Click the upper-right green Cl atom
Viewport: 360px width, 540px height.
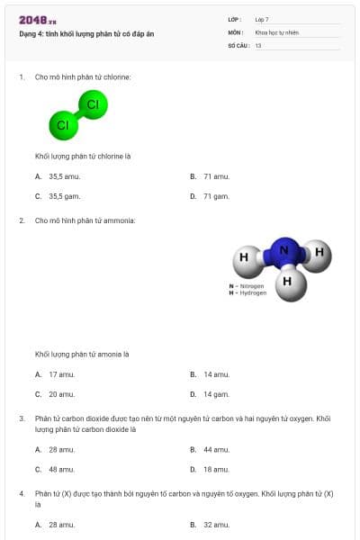[92, 104]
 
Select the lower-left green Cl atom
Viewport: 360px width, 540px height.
[62, 125]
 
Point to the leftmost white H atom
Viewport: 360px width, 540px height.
[244, 259]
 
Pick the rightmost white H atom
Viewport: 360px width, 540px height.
[318, 254]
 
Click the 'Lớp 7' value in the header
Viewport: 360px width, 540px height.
[262, 19]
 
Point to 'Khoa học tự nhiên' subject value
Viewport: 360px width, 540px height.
[276, 32]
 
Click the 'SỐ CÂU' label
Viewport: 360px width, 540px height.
[237, 45]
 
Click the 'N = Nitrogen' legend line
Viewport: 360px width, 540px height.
[247, 286]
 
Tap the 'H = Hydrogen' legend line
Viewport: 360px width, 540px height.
[247, 292]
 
